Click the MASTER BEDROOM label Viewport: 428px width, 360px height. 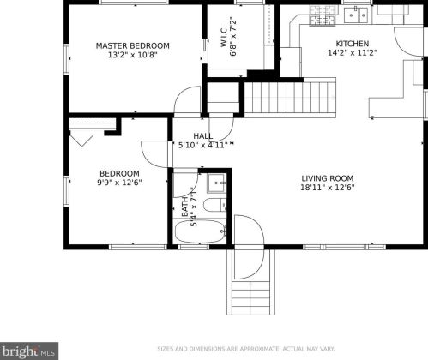click(132, 45)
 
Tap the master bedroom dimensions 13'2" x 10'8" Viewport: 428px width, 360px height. click(132, 56)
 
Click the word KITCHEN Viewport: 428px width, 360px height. click(352, 44)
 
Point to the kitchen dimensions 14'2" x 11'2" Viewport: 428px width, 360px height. click(352, 54)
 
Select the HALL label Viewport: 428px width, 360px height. click(202, 136)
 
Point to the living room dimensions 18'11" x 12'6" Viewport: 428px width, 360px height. click(328, 189)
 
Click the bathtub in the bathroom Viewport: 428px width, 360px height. click(199, 231)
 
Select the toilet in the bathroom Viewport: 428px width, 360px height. click(216, 205)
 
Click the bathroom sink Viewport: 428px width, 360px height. click(215, 182)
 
